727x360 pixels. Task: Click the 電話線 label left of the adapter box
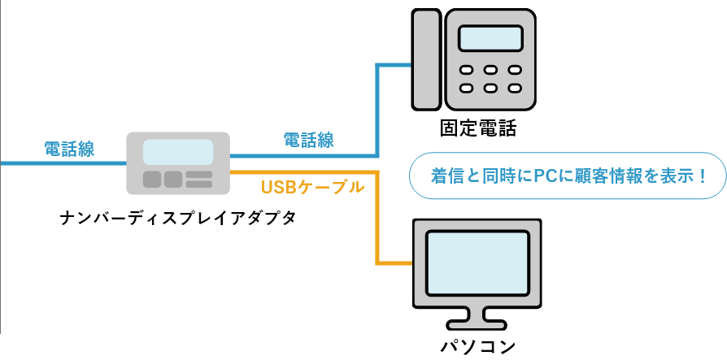[69, 149]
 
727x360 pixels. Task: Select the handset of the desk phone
[426, 59]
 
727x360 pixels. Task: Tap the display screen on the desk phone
[490, 38]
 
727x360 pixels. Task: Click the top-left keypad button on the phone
[467, 70]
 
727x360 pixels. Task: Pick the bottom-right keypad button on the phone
[514, 88]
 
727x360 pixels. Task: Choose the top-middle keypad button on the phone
[490, 70]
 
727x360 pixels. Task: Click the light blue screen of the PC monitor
[477, 262]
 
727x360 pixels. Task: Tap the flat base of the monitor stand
[477, 323]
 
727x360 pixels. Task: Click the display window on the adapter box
[178, 152]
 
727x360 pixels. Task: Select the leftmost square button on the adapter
[152, 180]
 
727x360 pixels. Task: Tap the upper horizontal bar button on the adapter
[198, 175]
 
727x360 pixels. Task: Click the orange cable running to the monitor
[377, 219]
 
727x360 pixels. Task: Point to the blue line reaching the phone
[377, 106]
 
